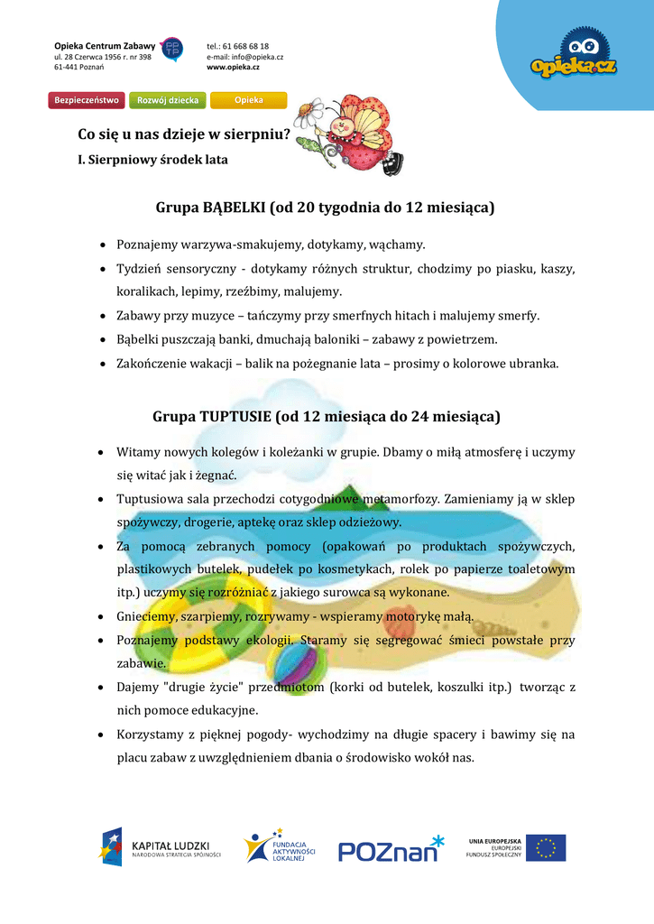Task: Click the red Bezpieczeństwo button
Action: click(x=87, y=100)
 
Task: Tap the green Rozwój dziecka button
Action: click(x=168, y=100)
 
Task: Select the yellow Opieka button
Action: click(x=248, y=100)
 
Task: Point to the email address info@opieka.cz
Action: click(x=244, y=57)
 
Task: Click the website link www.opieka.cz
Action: click(x=233, y=68)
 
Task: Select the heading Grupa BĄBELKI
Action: click(x=326, y=208)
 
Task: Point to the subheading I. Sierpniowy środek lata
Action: click(x=152, y=160)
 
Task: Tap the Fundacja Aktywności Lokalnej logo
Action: click(x=280, y=846)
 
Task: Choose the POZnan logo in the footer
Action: click(x=391, y=848)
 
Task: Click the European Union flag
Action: click(x=546, y=847)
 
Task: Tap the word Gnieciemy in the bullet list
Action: click(x=145, y=616)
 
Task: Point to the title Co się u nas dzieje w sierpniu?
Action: click(x=184, y=135)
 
